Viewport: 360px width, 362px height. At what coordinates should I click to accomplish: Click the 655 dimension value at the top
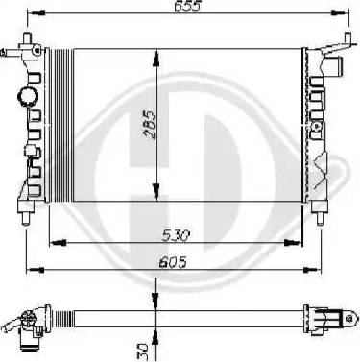point(187,6)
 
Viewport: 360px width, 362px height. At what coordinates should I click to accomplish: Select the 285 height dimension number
point(149,125)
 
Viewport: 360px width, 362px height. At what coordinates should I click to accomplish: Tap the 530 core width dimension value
point(176,236)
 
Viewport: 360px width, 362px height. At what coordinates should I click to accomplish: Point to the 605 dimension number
point(173,263)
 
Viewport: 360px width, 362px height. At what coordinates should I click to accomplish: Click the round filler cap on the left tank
point(27,97)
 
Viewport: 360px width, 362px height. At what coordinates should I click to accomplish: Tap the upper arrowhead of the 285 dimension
point(156,59)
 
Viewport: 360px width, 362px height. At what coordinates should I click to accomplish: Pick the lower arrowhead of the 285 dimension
point(156,192)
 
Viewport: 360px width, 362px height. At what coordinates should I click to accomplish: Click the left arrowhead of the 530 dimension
point(59,243)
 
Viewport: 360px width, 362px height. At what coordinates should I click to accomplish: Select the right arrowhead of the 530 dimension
point(293,243)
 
